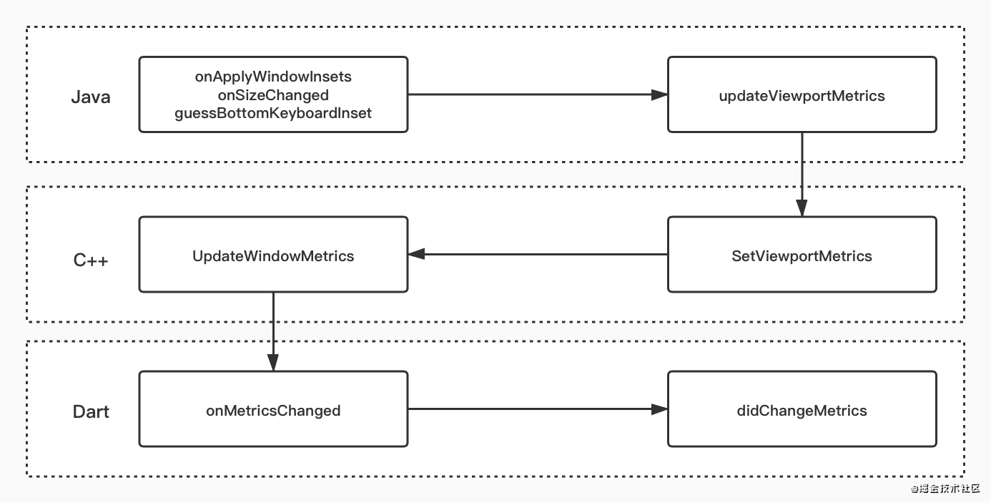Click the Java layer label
tap(91, 97)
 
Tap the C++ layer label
tap(91, 260)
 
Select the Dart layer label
tap(91, 412)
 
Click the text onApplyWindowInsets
tap(273, 77)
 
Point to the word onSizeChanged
tap(273, 95)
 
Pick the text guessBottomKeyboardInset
tap(273, 113)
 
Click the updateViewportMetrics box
tap(802, 94)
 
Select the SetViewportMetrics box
tap(802, 254)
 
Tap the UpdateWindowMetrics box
tap(273, 254)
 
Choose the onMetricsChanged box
tap(273, 409)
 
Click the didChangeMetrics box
tap(802, 409)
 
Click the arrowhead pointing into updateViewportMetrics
tap(660, 94)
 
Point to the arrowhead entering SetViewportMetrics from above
tap(802, 208)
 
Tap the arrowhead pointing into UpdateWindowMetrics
tap(416, 254)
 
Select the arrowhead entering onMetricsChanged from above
tap(273, 363)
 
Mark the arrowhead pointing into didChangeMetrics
tap(660, 409)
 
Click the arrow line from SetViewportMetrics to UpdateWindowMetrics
tap(538, 254)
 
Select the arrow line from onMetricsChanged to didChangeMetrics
tap(538, 409)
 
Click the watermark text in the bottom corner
tap(945, 489)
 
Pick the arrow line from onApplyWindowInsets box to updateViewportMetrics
tap(538, 94)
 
